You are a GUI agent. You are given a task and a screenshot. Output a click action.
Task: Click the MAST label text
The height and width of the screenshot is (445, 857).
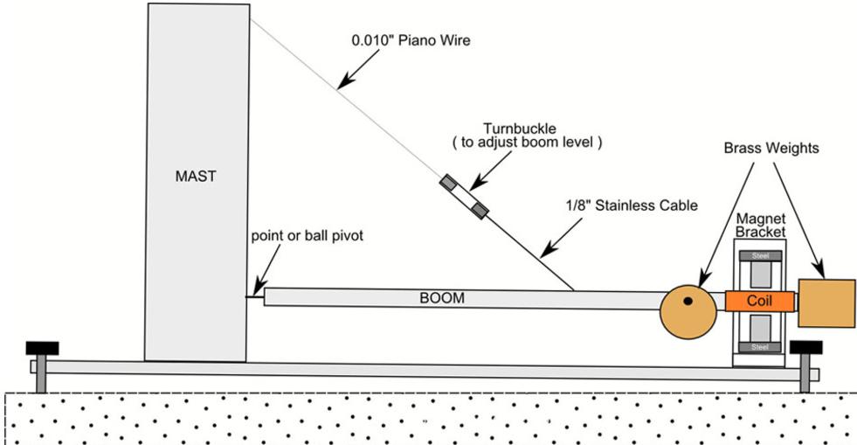pos(196,176)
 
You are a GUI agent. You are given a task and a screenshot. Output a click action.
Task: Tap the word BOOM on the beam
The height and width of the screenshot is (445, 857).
pos(442,298)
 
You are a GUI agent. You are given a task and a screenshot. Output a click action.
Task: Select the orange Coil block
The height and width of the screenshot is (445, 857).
pos(760,301)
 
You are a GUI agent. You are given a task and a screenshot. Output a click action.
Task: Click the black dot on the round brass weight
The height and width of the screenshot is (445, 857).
pos(688,301)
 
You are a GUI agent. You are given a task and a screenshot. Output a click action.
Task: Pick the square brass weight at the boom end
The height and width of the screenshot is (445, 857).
pos(826,302)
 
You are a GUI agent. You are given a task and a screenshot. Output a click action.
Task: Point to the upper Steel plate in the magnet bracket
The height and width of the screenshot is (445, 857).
pos(760,256)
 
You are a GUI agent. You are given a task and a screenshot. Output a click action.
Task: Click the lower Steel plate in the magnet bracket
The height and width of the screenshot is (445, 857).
pos(760,347)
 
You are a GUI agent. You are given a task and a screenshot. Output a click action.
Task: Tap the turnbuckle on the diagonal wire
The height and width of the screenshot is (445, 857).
pos(464,197)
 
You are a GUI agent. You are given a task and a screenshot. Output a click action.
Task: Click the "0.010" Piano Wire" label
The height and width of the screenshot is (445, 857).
pos(411,40)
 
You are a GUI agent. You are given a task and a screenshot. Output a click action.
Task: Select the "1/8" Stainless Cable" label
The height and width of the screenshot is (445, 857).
pos(632,205)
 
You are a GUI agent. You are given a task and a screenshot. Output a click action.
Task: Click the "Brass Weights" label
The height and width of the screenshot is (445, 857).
pos(771,148)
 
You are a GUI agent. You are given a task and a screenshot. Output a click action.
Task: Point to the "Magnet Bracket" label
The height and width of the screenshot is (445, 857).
pos(760,226)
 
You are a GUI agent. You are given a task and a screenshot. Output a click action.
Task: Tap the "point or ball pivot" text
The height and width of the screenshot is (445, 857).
pos(308,236)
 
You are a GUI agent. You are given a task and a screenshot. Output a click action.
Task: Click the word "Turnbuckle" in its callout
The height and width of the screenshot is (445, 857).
pos(520,129)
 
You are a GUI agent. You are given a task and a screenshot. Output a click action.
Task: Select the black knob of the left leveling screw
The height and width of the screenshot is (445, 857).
pos(42,348)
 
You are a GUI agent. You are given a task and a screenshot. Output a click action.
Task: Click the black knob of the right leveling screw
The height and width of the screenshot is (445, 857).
pos(805,348)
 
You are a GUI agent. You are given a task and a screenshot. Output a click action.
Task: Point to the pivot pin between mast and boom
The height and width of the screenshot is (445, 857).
pos(255,297)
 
